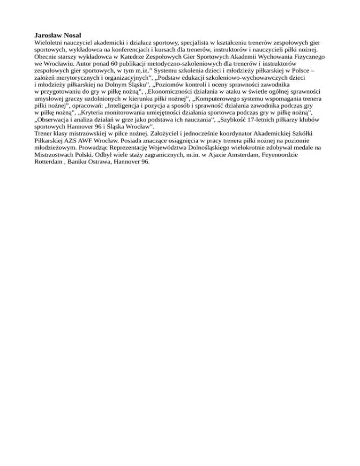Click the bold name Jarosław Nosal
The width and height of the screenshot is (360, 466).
point(58,35)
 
